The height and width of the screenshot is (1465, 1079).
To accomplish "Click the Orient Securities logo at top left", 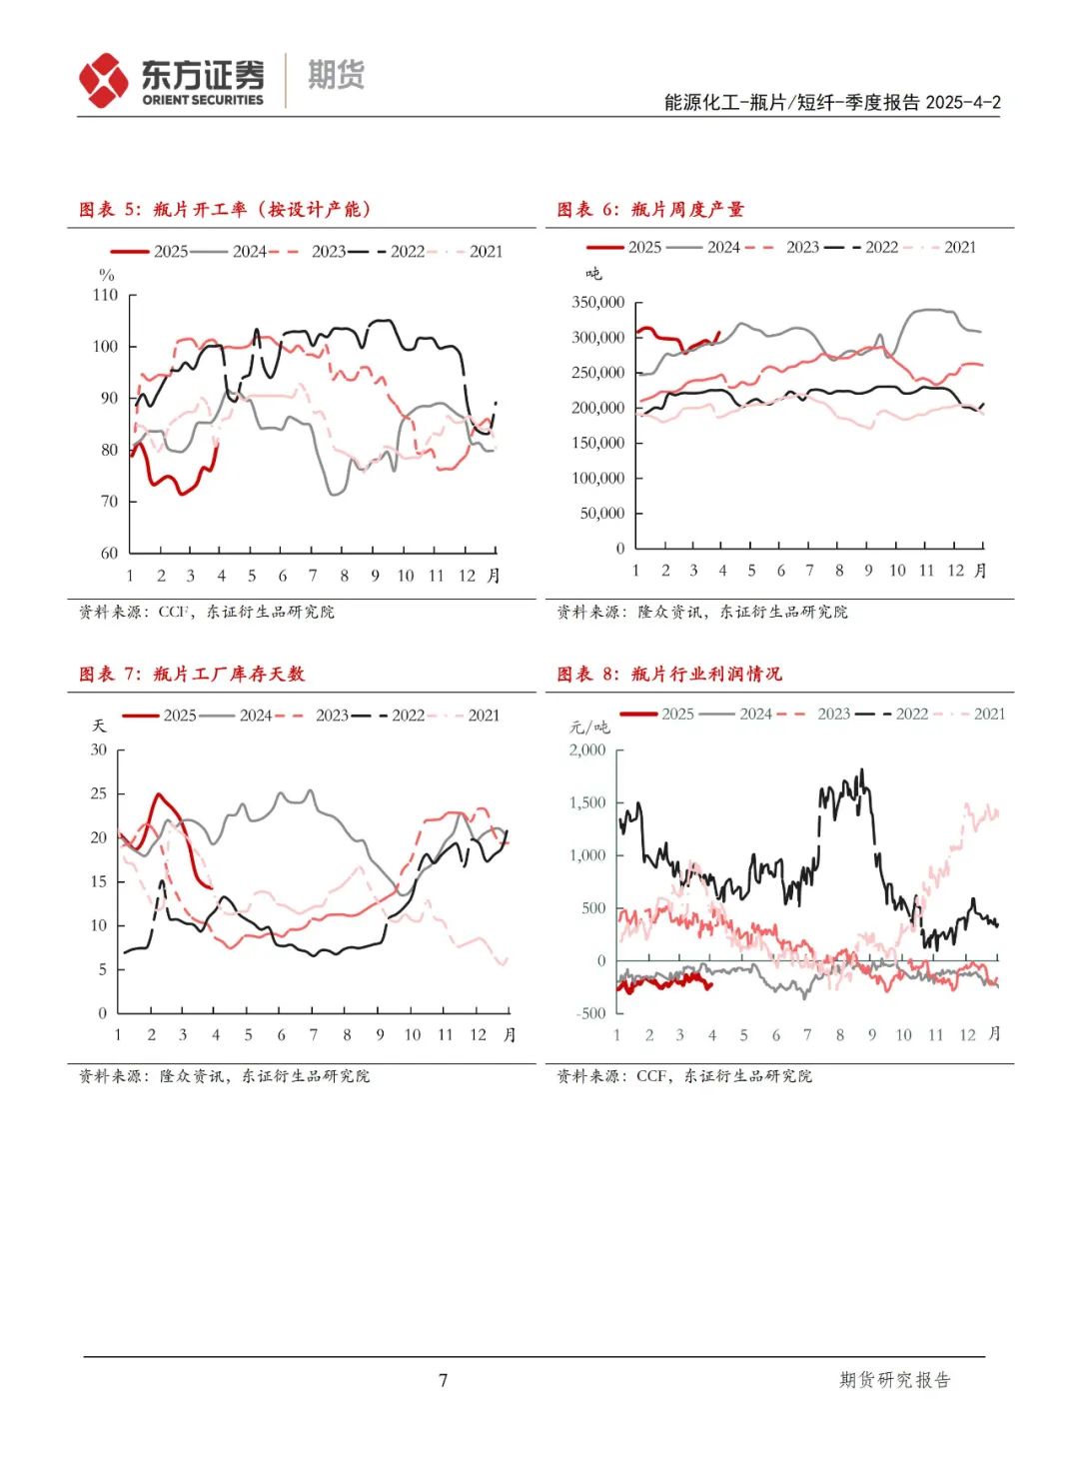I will (172, 80).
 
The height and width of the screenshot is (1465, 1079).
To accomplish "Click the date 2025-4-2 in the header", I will (963, 102).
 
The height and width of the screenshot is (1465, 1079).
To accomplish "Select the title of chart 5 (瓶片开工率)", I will (226, 209).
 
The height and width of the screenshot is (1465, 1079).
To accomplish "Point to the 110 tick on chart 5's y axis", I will (105, 295).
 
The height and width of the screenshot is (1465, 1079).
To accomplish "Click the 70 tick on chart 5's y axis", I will (109, 501).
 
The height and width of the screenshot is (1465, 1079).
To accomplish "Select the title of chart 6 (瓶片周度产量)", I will (650, 209).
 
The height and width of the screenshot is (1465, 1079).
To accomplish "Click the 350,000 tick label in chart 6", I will (597, 302).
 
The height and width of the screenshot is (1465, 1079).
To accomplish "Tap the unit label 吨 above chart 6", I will (593, 273).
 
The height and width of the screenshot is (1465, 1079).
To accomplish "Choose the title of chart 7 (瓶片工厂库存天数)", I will (192, 674).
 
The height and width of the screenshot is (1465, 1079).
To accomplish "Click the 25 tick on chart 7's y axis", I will (98, 793).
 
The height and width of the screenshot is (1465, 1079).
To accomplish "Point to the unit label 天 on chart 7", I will (99, 726).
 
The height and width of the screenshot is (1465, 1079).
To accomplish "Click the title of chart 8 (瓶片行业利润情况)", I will (669, 674).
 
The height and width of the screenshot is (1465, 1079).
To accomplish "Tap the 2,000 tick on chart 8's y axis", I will (587, 749).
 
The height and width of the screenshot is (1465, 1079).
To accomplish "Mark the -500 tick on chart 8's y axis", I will (590, 1012).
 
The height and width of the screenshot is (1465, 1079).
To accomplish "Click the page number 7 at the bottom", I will (444, 1380).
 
